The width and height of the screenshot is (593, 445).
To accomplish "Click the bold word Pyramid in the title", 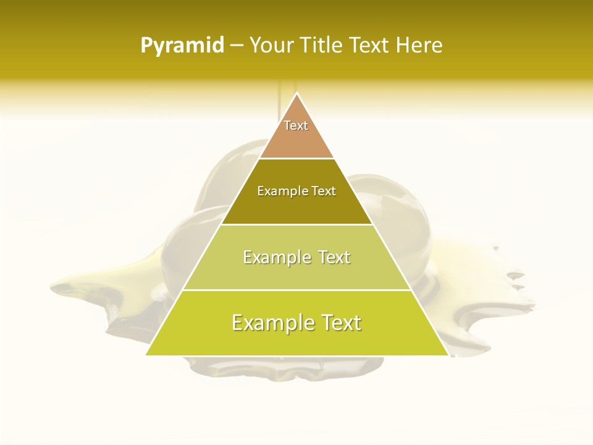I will pos(182,45).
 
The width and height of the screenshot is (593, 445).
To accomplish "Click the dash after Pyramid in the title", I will pos(237,45).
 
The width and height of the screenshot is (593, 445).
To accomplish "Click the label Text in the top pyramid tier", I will pos(296,125).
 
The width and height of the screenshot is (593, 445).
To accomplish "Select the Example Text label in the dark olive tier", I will pos(296,191).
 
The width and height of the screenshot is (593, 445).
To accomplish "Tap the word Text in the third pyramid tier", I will pos(334,257).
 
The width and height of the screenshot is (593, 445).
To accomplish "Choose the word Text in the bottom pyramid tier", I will pos(340,323).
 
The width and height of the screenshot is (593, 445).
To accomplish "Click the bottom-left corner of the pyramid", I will pos(147,354).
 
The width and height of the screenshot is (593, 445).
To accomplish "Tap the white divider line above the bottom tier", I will pos(296,290).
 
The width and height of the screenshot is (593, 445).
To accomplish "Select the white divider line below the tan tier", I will pos(296,158).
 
